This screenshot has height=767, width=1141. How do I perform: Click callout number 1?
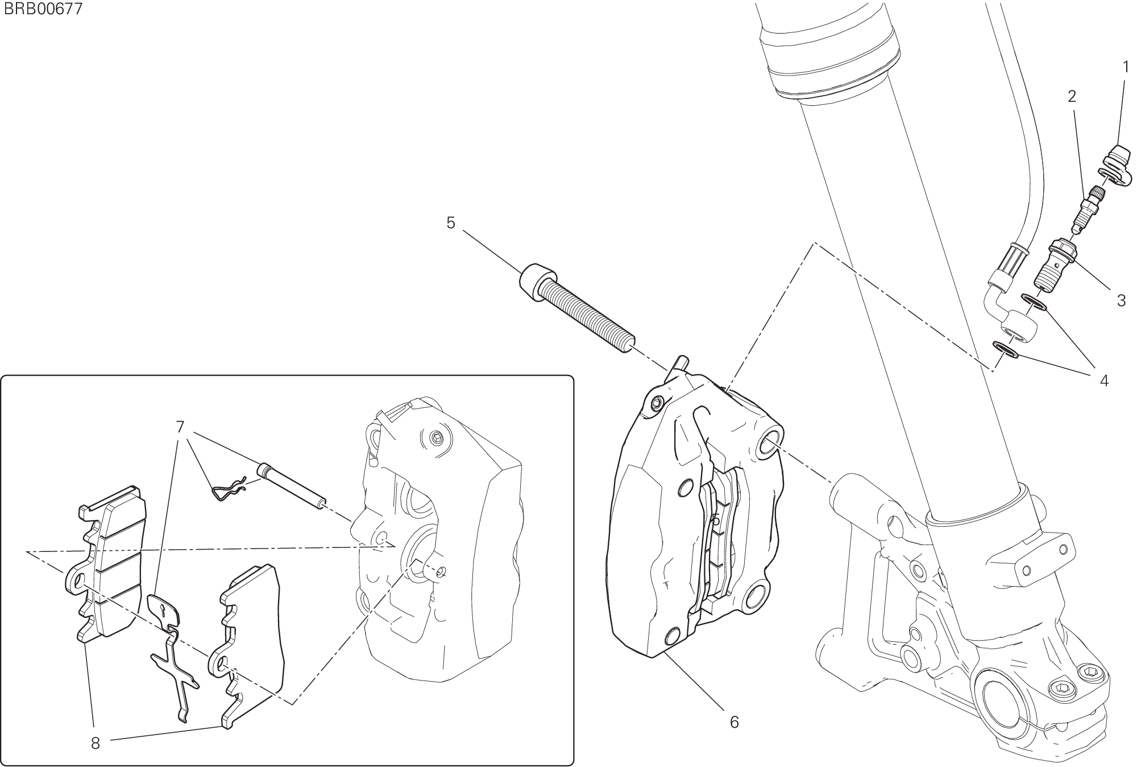pos(1125,67)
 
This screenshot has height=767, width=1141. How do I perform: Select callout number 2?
pos(1072,97)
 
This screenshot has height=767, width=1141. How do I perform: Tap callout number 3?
pos(1121,300)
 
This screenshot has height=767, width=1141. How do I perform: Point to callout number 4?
pos(1104,381)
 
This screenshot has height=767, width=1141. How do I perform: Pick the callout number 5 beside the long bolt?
pos(451,223)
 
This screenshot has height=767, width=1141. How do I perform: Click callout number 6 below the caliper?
pos(734,722)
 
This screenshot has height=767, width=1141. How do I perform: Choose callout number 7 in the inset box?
pos(180,427)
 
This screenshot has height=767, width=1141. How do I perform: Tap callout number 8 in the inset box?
pos(95,743)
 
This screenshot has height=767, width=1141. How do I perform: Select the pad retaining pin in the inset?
pos(292,487)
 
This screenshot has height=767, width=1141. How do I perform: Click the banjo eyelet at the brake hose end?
pos(1018,329)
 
